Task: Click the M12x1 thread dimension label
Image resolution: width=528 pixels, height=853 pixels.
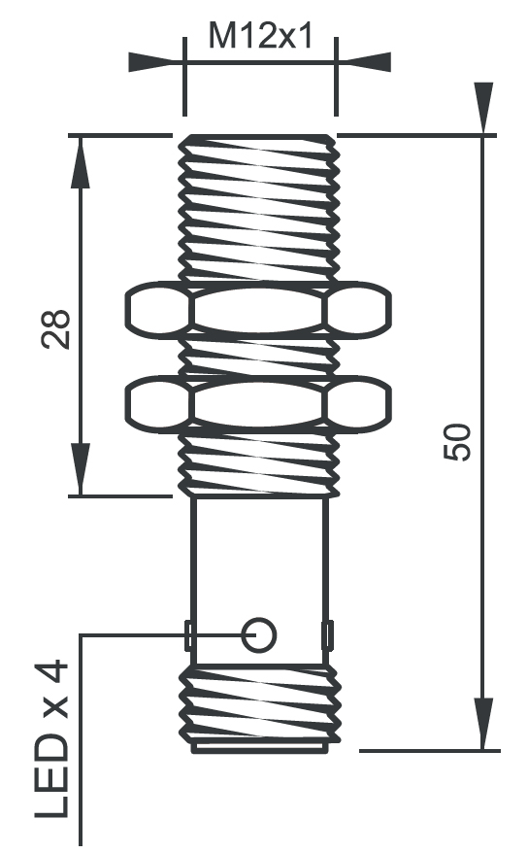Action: click(259, 38)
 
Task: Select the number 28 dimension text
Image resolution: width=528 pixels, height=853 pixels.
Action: click(55, 329)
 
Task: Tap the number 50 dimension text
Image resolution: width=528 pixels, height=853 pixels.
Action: click(457, 442)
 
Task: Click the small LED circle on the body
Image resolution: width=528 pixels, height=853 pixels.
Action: click(259, 634)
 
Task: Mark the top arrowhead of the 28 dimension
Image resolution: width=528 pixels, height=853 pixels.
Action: click(81, 161)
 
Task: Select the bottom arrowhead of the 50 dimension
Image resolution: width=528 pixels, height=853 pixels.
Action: click(482, 725)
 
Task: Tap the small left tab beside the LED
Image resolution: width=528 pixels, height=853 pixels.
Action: click(189, 635)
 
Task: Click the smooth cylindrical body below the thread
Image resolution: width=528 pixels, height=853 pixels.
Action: click(259, 554)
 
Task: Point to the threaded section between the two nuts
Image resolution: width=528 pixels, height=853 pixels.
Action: click(259, 357)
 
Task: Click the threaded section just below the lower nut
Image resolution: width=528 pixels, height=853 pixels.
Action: click(259, 461)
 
